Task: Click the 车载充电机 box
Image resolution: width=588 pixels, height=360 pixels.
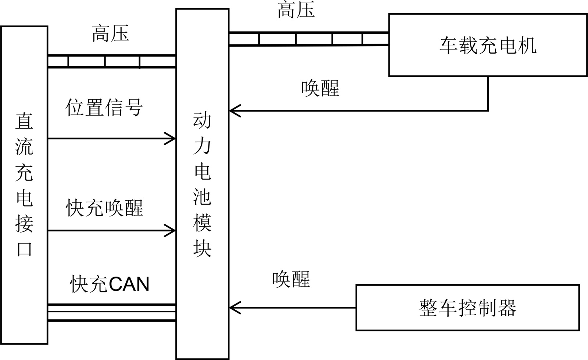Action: pos(488,45)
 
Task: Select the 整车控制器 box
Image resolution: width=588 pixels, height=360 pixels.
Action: pos(467,308)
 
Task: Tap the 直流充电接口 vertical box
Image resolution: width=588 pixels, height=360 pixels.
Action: pos(24,185)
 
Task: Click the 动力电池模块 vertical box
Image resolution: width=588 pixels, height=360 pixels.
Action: pos(202,184)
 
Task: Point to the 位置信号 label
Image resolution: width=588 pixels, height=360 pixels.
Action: pos(104,108)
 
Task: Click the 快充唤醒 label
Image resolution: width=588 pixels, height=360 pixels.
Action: pos(104,208)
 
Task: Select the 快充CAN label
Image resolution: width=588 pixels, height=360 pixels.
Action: pos(110,284)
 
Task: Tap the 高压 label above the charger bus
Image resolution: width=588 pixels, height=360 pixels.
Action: pos(296,10)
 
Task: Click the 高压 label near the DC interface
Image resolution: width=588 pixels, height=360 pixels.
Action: pos(110,33)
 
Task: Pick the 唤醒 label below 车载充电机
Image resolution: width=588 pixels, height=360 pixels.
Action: pos(320,89)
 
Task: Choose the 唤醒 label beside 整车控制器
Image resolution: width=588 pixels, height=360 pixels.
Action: pos(291,279)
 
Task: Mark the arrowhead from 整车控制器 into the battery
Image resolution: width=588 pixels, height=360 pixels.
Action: pos(234,307)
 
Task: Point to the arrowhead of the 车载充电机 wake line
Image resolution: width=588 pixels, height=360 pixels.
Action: pos(234,110)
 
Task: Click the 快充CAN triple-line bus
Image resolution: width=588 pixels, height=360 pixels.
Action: pos(112,312)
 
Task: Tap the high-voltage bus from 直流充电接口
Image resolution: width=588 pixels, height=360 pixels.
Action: pos(112,61)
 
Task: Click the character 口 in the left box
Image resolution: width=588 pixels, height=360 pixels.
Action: pos(24,249)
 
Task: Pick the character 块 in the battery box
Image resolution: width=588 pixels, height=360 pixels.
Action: pos(202,248)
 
